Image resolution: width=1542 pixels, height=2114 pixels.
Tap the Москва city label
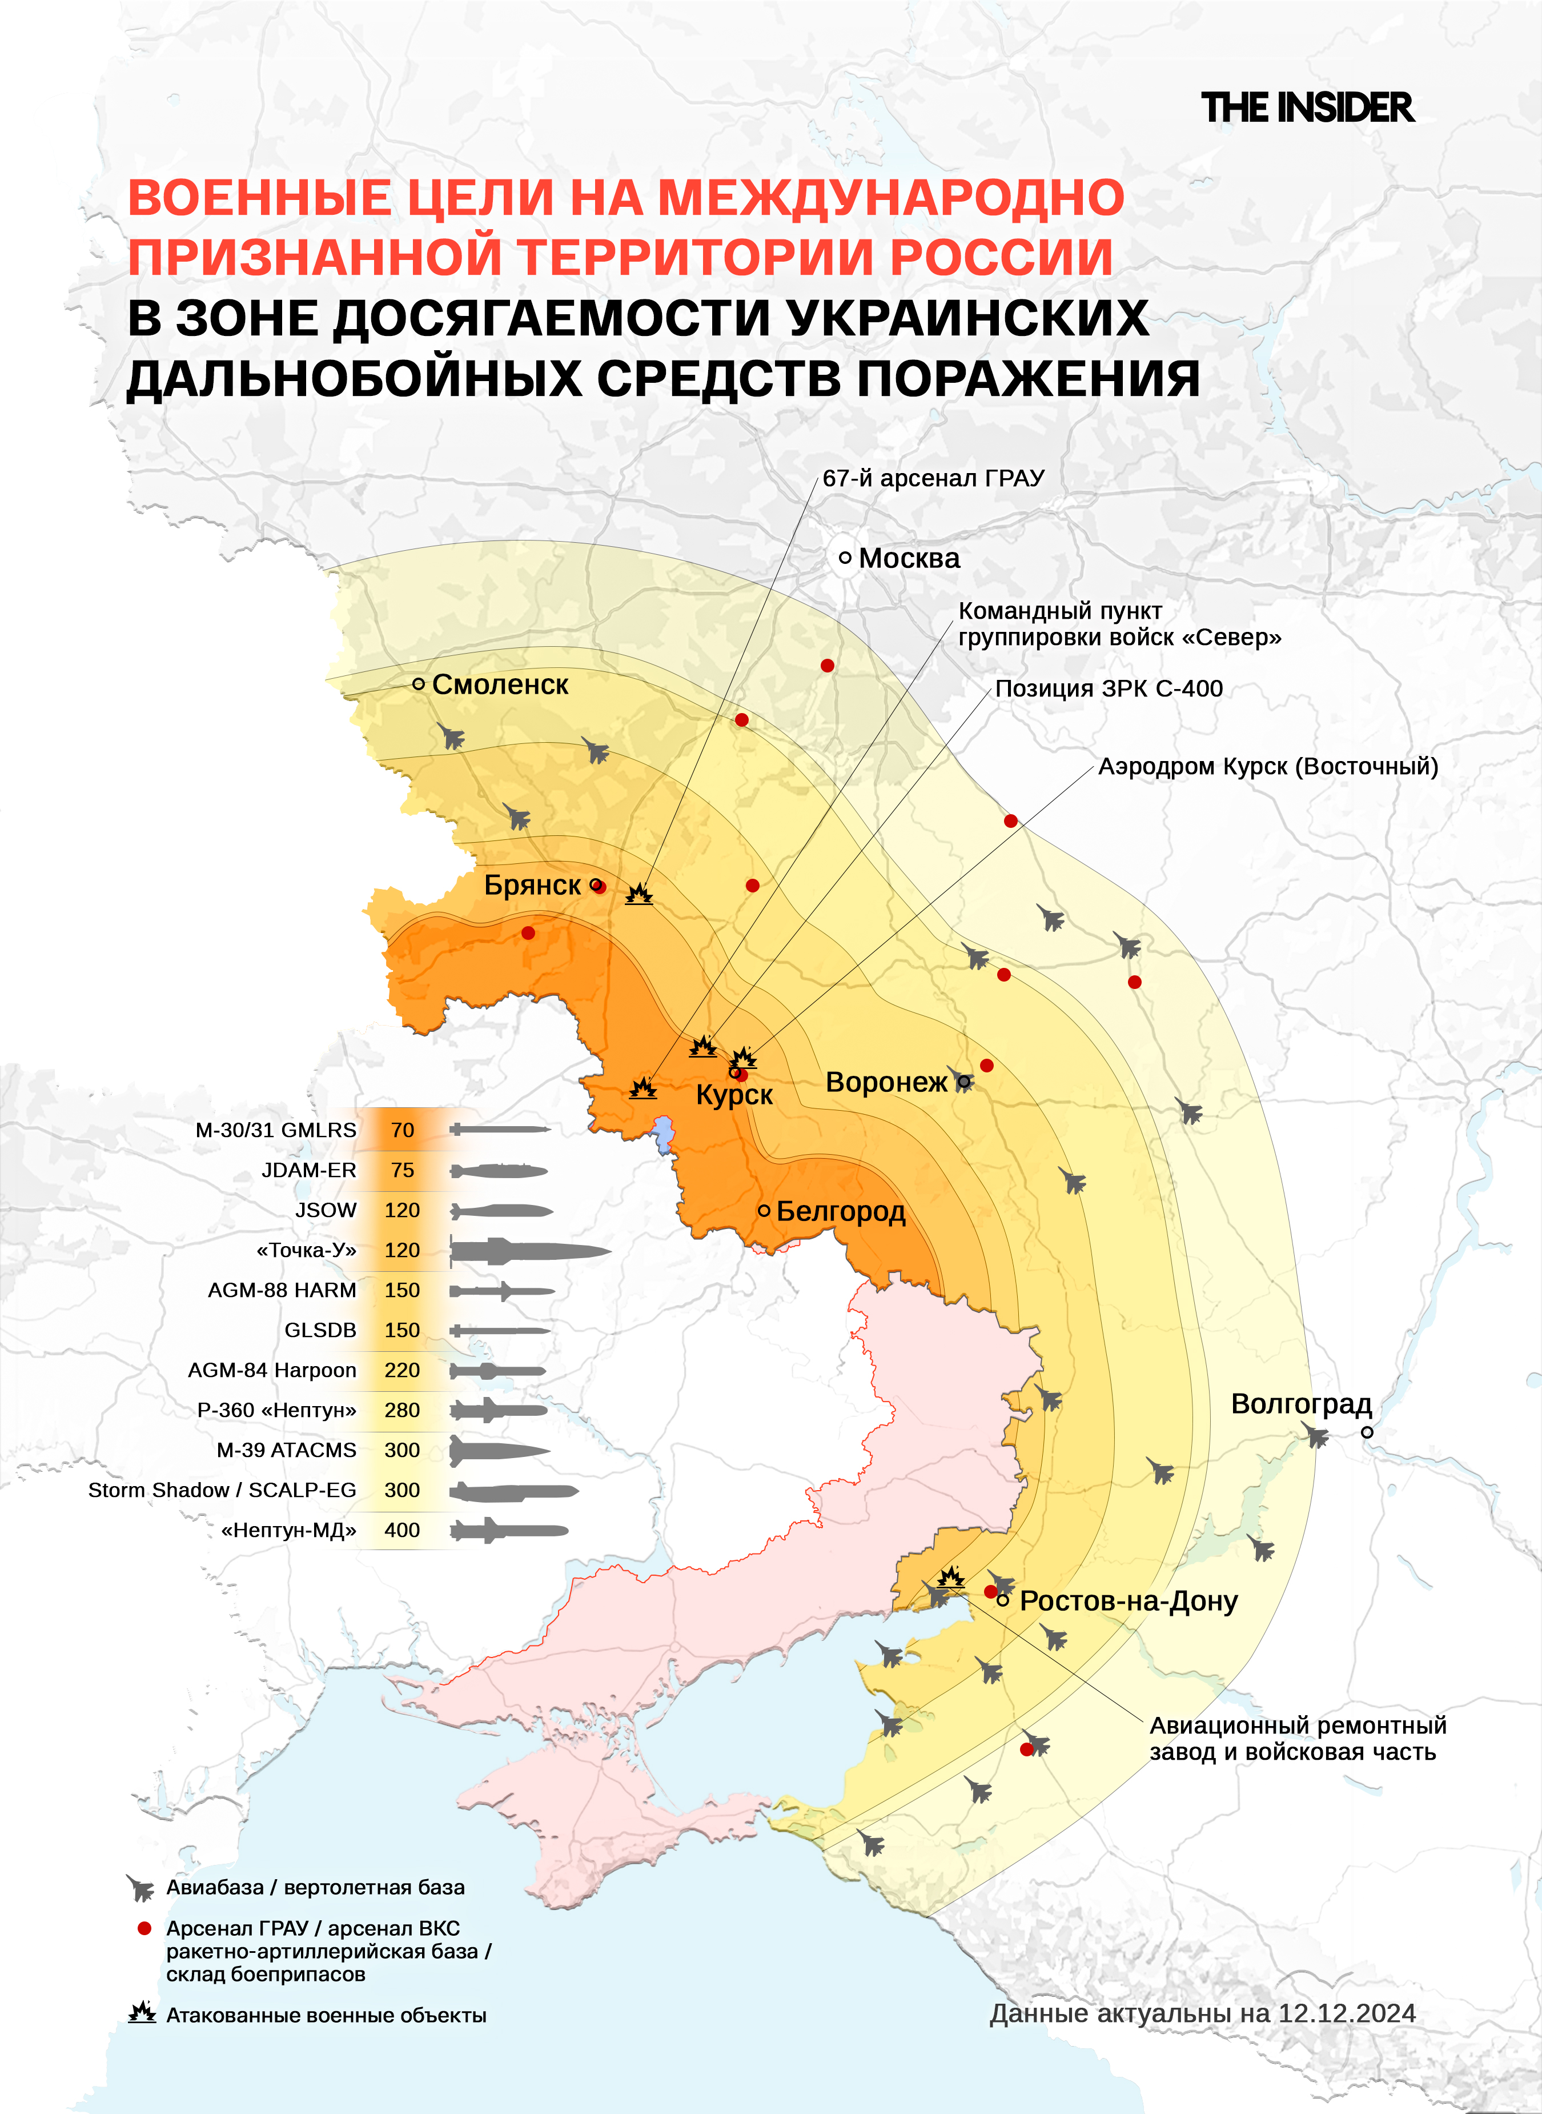click(x=908, y=558)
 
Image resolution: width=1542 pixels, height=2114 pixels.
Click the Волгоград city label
click(x=1300, y=1404)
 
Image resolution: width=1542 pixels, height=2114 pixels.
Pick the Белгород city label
click(x=840, y=1211)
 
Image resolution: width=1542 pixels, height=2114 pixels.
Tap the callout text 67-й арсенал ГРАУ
click(x=933, y=478)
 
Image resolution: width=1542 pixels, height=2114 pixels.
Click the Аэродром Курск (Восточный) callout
click(x=1267, y=767)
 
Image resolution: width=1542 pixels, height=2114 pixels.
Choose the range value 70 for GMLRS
click(x=402, y=1130)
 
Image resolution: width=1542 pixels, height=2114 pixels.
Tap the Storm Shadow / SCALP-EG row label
click(x=222, y=1490)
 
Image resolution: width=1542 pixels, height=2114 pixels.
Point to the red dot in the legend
click(x=144, y=1928)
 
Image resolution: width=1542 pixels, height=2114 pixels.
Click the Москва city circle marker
click(x=845, y=558)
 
